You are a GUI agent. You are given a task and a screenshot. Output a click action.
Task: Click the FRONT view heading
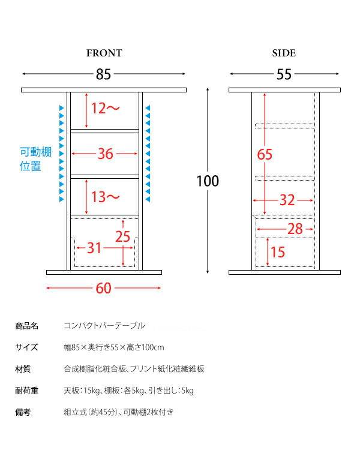tap(104, 53)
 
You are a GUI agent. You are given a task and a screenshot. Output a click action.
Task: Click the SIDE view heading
tap(284, 53)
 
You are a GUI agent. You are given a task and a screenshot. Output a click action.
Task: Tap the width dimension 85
tap(103, 74)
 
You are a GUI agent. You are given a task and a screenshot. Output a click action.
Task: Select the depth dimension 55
tap(284, 74)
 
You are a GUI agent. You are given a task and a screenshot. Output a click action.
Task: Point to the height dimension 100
tap(208, 181)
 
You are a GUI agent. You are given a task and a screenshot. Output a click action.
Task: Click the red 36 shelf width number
tap(105, 154)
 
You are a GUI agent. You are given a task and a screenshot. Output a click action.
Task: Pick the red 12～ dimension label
tap(105, 108)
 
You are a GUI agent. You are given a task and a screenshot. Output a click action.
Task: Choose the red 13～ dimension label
tap(105, 197)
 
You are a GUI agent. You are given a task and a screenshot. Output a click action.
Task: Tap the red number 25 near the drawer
tap(122, 236)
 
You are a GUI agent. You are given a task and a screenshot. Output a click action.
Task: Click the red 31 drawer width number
tap(94, 248)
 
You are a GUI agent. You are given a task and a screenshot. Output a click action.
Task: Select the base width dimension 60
tap(103, 289)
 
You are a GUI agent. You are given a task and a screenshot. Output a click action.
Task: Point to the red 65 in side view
tap(265, 154)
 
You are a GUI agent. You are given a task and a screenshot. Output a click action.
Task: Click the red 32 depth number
tap(287, 200)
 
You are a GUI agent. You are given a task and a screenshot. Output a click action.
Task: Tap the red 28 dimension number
tap(295, 229)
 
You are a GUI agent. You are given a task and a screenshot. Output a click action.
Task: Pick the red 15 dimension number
tap(277, 252)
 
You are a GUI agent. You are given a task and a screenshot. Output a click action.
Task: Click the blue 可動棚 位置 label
tap(35, 159)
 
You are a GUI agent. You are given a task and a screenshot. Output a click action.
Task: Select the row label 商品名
tap(26, 326)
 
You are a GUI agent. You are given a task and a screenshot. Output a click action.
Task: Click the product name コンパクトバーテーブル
tap(104, 326)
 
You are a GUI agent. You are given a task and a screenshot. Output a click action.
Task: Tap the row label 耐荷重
tap(26, 391)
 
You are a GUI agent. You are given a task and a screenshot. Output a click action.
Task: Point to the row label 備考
tap(23, 412)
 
